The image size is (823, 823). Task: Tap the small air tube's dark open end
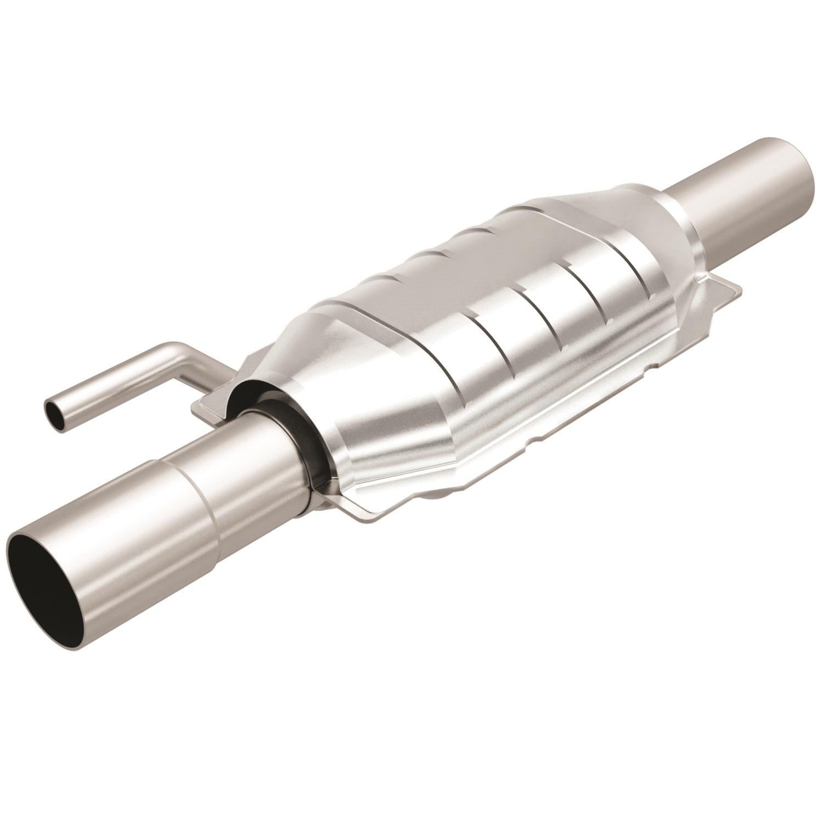point(53,409)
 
